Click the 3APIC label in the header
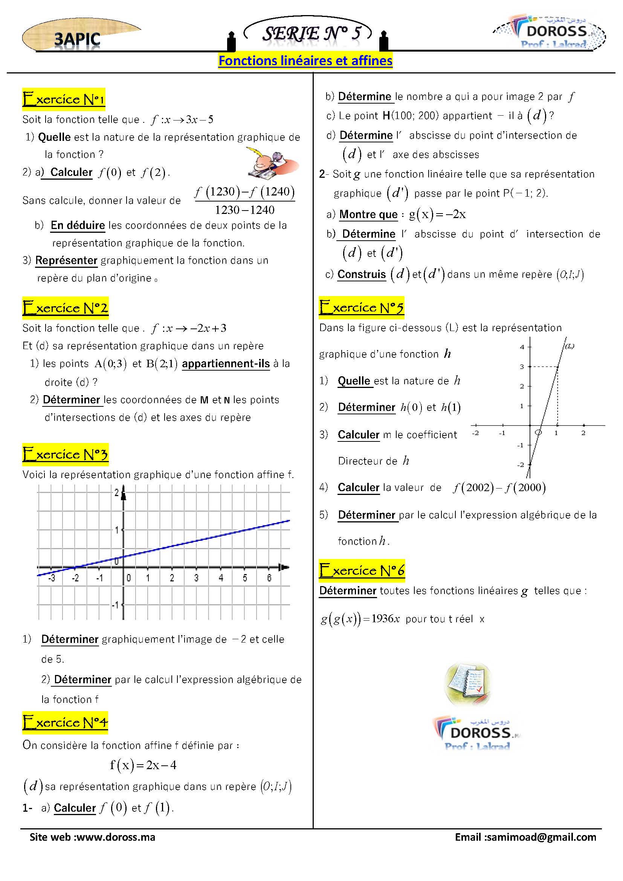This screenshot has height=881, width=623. (x=77, y=40)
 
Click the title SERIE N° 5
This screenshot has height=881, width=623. (x=311, y=34)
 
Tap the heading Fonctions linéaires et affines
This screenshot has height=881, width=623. (x=305, y=61)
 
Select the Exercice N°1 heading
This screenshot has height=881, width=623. (x=64, y=99)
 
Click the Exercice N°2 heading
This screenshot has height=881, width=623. (x=65, y=308)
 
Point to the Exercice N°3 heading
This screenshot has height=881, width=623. (x=65, y=454)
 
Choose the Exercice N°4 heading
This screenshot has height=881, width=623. (x=65, y=722)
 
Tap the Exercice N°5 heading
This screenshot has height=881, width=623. (x=361, y=308)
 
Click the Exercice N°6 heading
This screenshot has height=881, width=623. (x=362, y=571)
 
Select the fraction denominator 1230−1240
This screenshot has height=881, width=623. (x=245, y=210)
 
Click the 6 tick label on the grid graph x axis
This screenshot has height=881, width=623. (x=269, y=578)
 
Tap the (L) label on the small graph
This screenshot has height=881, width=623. (x=569, y=346)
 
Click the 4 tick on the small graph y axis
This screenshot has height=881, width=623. (x=522, y=347)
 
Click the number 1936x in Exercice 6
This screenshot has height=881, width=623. (x=386, y=619)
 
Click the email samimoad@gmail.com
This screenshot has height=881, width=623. (x=541, y=837)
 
